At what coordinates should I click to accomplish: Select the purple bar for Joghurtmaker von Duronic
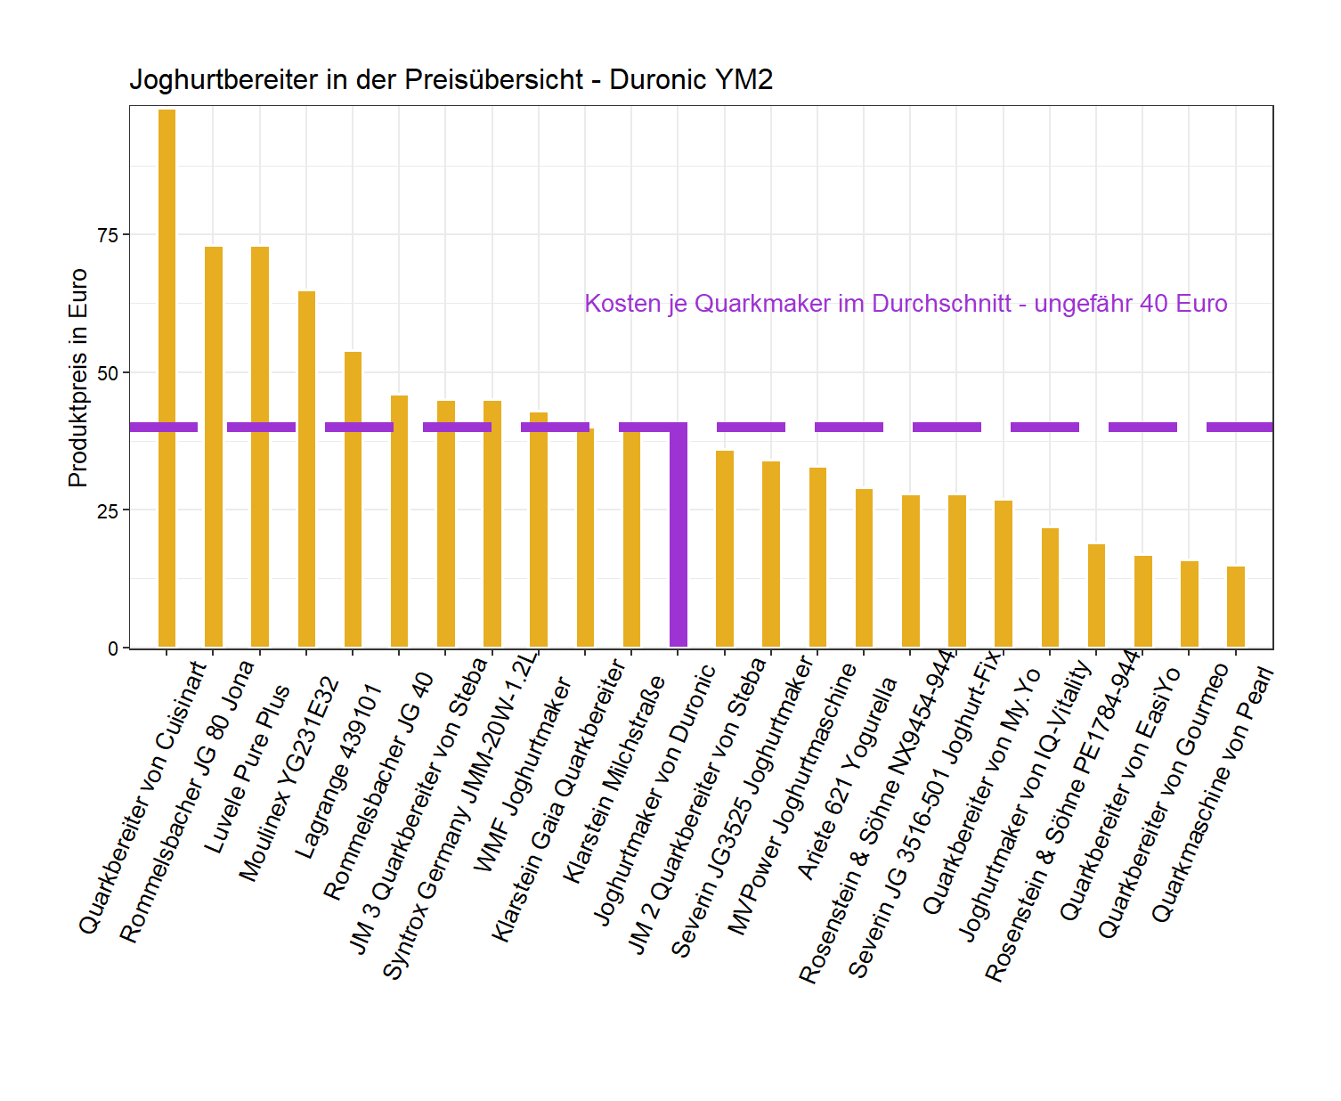(x=679, y=534)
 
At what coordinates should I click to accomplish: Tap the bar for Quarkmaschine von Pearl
(x=1236, y=607)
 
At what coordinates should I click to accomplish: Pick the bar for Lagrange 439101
(x=353, y=499)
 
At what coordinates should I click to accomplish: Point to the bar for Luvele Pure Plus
(x=260, y=446)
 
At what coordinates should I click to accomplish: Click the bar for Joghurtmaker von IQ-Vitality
(x=1050, y=587)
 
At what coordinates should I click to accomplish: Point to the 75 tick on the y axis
(x=126, y=234)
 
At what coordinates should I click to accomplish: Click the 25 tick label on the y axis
(x=108, y=510)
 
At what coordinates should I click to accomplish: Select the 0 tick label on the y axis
(x=113, y=648)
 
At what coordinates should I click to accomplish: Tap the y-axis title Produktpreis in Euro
(x=78, y=378)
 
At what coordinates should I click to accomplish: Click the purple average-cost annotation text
(x=906, y=304)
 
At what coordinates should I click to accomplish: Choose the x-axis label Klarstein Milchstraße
(x=614, y=779)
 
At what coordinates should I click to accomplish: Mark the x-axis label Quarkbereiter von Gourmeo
(x=1163, y=802)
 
